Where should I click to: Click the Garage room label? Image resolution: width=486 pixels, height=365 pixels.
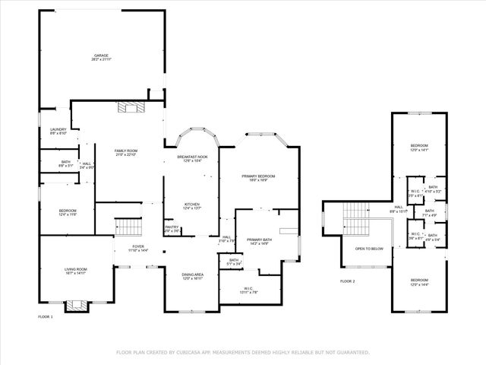click(101, 56)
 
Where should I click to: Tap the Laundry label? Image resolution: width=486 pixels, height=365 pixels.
click(58, 129)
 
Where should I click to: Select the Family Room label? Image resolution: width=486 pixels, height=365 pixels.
click(125, 151)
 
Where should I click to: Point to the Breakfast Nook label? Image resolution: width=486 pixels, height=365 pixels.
click(192, 157)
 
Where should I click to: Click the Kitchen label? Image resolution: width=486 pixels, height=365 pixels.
click(192, 204)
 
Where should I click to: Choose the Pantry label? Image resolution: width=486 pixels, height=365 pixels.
click(172, 227)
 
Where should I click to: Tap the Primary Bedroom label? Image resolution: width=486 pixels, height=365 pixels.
click(258, 176)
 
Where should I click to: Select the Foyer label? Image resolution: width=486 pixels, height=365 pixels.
click(138, 246)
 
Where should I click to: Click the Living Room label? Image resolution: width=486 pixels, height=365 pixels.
click(75, 269)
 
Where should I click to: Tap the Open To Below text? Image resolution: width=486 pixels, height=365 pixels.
click(369, 249)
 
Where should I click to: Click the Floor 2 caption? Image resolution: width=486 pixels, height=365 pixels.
click(347, 281)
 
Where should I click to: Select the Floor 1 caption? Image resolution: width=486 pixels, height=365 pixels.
click(46, 316)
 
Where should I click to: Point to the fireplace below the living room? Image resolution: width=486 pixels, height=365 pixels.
click(75, 306)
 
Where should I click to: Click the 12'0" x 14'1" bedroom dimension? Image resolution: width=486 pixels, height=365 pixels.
click(419, 151)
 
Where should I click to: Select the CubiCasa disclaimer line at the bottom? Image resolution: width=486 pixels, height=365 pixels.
click(242, 352)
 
